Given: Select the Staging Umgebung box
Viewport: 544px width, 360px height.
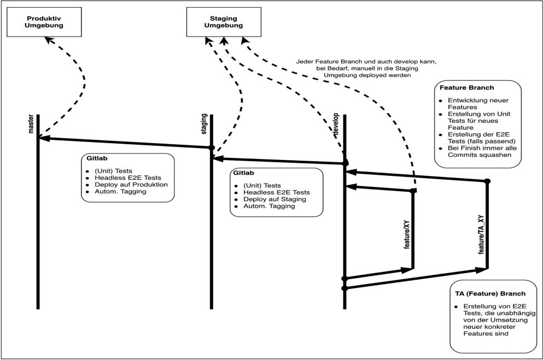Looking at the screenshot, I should click(x=223, y=21).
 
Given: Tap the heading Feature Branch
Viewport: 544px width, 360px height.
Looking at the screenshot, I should click(x=463, y=87).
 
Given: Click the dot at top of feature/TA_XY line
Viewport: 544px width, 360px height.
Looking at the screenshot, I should click(x=487, y=181).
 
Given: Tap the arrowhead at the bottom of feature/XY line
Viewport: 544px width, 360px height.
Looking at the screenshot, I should click(x=408, y=269).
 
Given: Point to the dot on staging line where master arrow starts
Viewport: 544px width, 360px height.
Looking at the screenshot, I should click(x=211, y=147).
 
